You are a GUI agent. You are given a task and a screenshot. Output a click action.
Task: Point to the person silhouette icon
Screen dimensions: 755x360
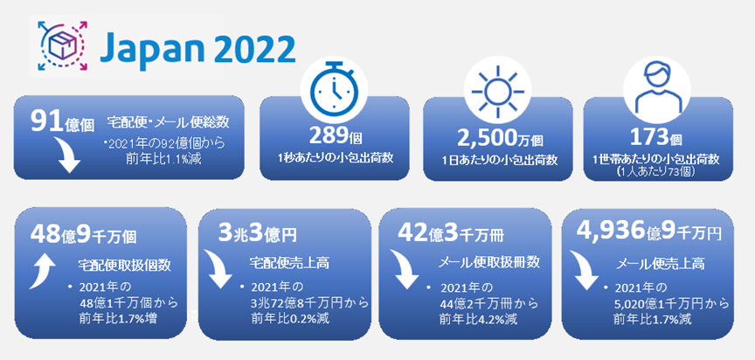pyautogui.click(x=657, y=88)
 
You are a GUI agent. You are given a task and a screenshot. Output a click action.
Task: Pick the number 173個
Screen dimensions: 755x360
pyautogui.click(x=657, y=138)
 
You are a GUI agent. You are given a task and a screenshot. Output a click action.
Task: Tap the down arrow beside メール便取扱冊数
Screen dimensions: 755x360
pyautogui.click(x=404, y=270)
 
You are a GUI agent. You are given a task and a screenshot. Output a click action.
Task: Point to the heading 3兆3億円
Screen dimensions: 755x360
pyautogui.click(x=257, y=234)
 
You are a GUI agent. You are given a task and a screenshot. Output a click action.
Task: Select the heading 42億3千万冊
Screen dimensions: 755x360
pyautogui.click(x=450, y=234)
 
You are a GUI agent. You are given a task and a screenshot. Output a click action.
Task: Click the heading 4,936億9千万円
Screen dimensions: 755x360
pyautogui.click(x=649, y=232)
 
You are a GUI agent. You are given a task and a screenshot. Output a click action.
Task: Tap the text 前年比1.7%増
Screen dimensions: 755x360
pyautogui.click(x=118, y=318)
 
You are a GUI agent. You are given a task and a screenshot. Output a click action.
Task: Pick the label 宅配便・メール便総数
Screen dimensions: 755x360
pyautogui.click(x=168, y=122)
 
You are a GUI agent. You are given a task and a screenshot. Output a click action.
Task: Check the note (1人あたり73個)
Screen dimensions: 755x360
pyautogui.click(x=658, y=172)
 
